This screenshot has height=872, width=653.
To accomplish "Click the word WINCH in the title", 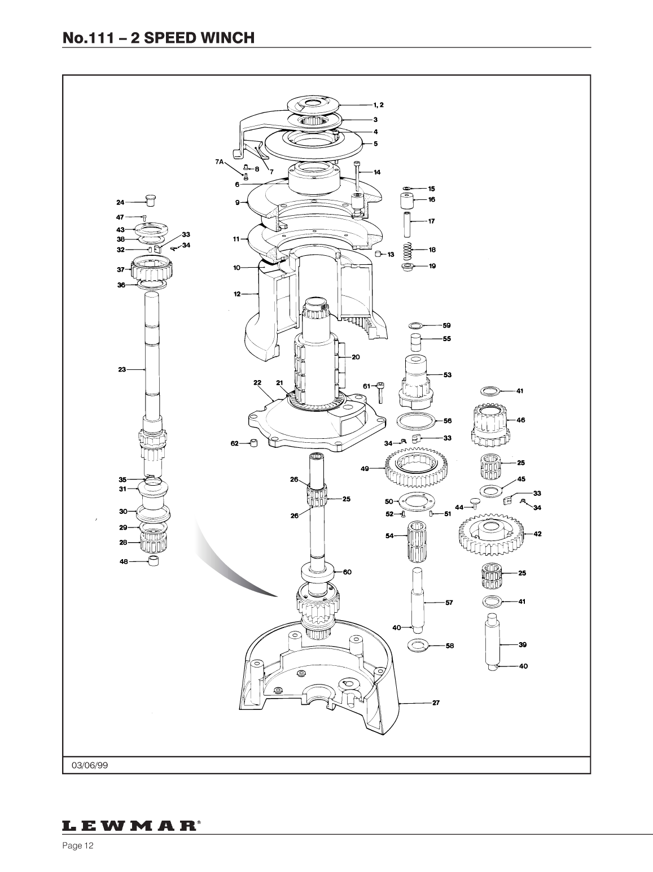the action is click(x=227, y=38).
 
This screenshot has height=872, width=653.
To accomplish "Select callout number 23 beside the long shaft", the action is click(x=122, y=369).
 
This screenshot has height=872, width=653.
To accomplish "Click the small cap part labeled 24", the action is click(x=151, y=200).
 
